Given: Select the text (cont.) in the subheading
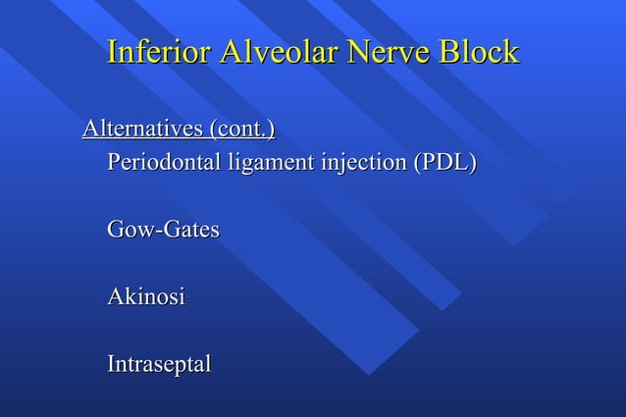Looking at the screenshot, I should tap(239, 129).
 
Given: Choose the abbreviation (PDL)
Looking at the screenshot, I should tap(444, 162).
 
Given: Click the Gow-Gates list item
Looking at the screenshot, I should tap(163, 230).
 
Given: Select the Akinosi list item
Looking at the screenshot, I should tap(145, 297).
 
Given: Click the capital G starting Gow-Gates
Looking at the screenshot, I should tap(116, 230).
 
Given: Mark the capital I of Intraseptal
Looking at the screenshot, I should tap(111, 365).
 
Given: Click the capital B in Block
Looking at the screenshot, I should tap(450, 52).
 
